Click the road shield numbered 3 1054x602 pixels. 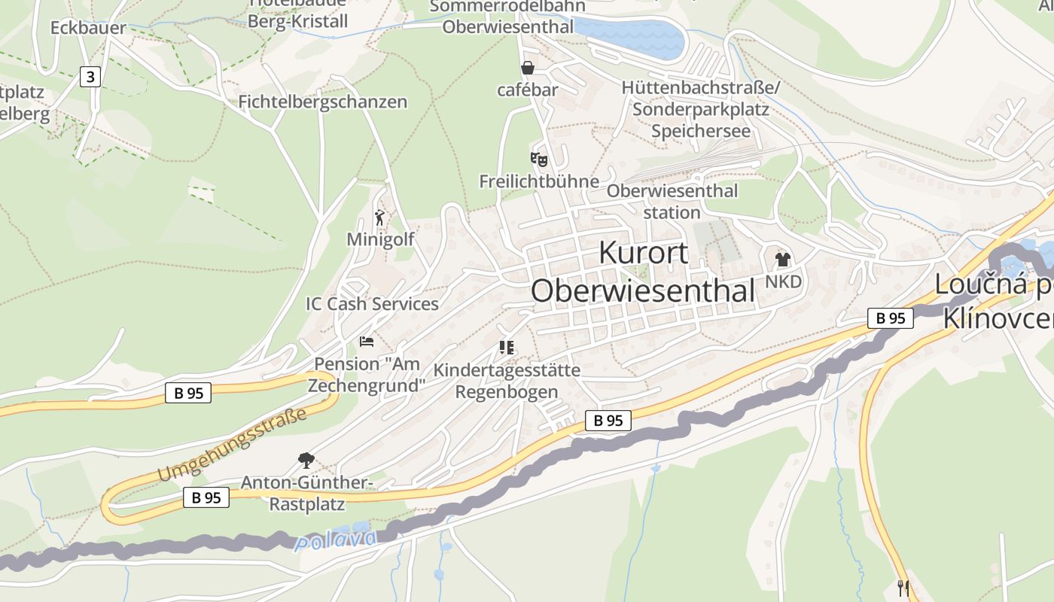click(x=90, y=76)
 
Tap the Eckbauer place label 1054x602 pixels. click(x=88, y=29)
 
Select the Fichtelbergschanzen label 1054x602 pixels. click(x=322, y=102)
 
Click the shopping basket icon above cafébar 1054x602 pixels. click(x=528, y=68)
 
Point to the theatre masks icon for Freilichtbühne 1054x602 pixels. click(x=538, y=159)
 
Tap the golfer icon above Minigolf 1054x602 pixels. click(x=379, y=218)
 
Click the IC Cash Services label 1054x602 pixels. click(x=372, y=304)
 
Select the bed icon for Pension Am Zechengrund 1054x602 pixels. click(x=367, y=342)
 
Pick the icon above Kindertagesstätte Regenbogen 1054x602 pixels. click(x=506, y=348)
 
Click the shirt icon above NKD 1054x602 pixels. click(x=783, y=260)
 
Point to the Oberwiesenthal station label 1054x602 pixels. click(x=672, y=202)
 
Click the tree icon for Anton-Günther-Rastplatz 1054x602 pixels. click(x=306, y=459)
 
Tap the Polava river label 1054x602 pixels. click(x=336, y=540)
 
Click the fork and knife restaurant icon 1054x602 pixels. click(x=903, y=588)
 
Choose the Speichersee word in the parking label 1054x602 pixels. click(x=701, y=131)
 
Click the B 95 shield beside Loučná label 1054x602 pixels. click(x=890, y=318)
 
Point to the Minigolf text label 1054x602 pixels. click(x=380, y=239)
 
